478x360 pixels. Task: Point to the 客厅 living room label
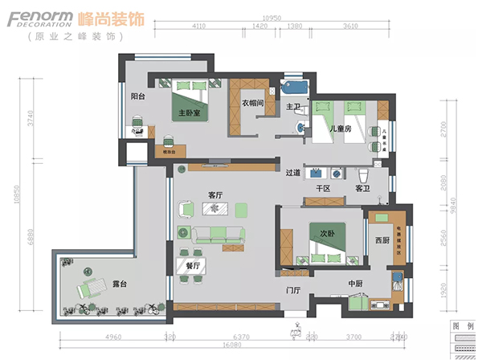pos(214,194)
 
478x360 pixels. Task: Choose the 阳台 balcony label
pos(138,96)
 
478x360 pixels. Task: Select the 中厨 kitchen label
pos(356,284)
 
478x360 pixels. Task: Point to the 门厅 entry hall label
pos(292,290)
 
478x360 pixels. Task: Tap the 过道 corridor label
pos(292,172)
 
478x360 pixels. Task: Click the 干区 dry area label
pos(324,188)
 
